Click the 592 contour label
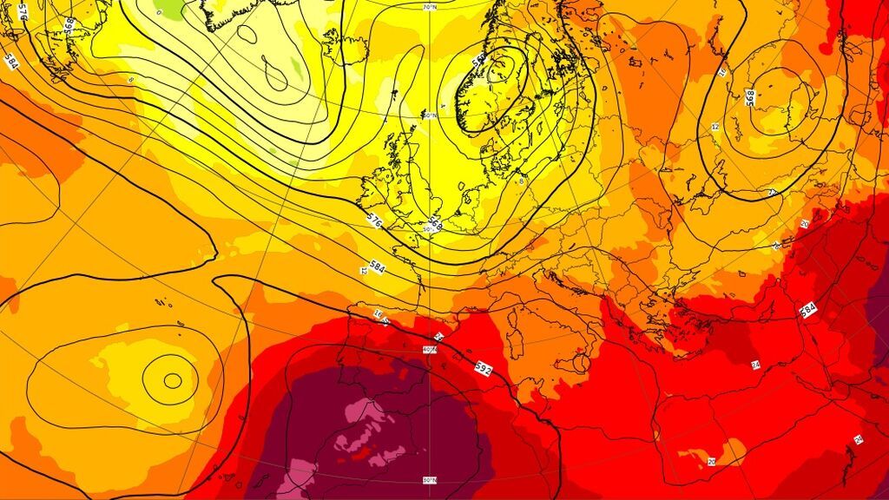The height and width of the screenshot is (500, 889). [x=484, y=368]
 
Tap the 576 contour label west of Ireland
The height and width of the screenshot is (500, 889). [x=375, y=221]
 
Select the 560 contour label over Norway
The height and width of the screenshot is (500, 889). [x=478, y=62]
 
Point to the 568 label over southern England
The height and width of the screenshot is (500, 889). [x=435, y=225]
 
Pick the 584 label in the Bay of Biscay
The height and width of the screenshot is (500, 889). [x=378, y=265]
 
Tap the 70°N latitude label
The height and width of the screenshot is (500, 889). [x=430, y=8]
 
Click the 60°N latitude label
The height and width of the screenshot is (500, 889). [x=430, y=114]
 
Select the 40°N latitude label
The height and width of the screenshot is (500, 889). [x=429, y=350]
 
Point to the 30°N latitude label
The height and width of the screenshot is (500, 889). [x=429, y=480]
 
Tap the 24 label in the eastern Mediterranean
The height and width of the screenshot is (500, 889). [x=755, y=365]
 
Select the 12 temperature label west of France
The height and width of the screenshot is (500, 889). [x=364, y=271]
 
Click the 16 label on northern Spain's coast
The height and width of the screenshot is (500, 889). [x=378, y=314]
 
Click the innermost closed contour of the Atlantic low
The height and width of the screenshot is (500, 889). [x=172, y=379]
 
